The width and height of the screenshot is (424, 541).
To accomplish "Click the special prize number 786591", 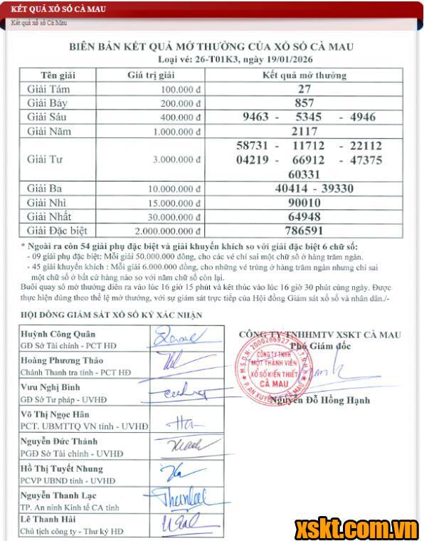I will pyautogui.click(x=304, y=230).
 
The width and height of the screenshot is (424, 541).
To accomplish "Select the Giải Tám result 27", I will pyautogui.click(x=304, y=89).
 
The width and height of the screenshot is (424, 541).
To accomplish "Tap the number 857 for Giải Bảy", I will pyautogui.click(x=304, y=103).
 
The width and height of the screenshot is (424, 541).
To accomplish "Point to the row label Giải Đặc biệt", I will pyautogui.click(x=57, y=230).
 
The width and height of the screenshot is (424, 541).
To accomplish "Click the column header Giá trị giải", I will pyautogui.click(x=151, y=75).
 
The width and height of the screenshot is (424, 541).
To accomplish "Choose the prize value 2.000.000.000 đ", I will pyautogui.click(x=167, y=231).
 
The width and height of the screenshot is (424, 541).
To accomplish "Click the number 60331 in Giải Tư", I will pyautogui.click(x=304, y=174).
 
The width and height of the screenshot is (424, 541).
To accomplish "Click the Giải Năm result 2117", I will pyautogui.click(x=304, y=131).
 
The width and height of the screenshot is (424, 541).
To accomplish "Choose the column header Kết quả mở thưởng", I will pyautogui.click(x=304, y=75).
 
